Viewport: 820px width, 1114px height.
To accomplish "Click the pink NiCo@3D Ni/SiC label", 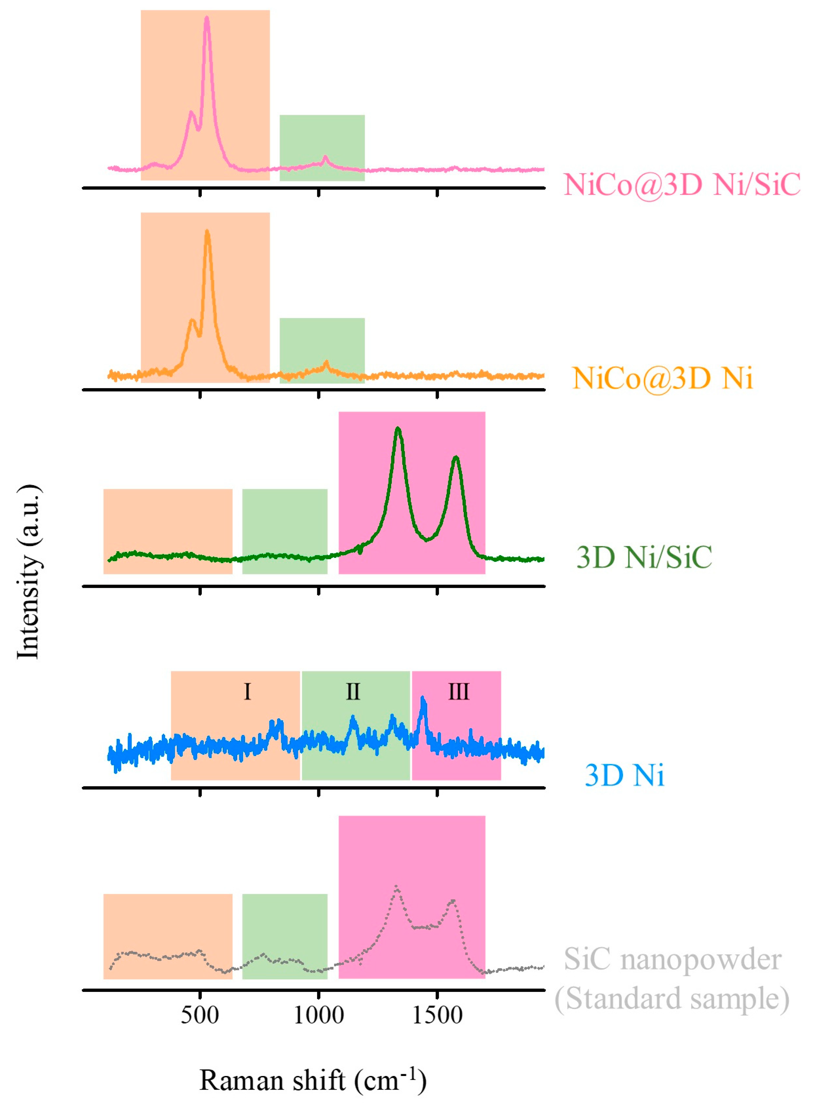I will point(681,185).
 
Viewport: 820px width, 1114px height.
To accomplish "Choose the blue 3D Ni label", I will point(624,775).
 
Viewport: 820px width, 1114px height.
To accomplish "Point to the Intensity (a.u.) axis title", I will point(29,571).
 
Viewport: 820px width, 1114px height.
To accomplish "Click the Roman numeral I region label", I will point(247,692).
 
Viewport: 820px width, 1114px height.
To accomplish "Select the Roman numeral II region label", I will point(353,692).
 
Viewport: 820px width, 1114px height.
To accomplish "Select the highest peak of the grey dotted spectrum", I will point(396,886).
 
